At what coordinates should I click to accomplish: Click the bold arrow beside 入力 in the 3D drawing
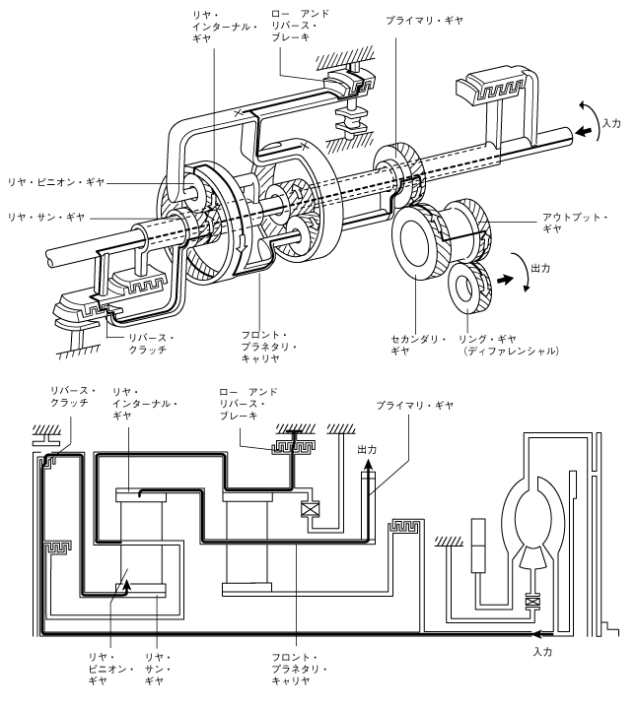tap(583, 130)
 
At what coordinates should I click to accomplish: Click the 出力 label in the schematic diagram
tap(368, 449)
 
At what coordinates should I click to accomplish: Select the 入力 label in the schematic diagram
tap(542, 653)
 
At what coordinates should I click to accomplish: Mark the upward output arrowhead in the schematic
tap(367, 468)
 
